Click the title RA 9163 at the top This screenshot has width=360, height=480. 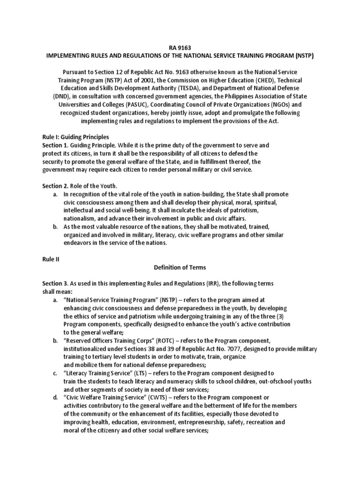180,47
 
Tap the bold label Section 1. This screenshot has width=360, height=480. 57,145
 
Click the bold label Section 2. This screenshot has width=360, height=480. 57,186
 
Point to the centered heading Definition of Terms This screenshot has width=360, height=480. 180,268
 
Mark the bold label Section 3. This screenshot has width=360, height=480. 57,284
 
